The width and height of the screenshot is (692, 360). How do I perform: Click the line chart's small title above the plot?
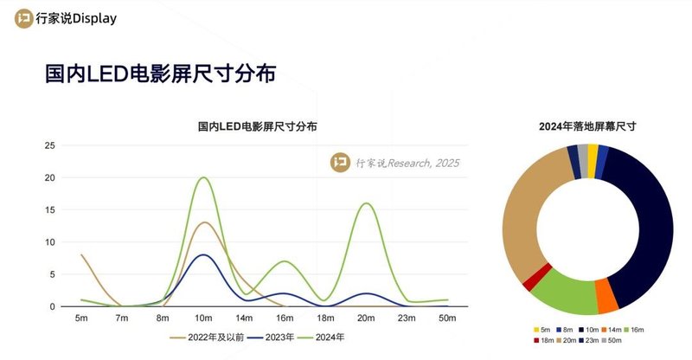[257, 126]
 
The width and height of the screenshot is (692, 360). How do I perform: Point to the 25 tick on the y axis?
[49, 145]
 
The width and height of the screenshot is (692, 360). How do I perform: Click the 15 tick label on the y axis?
[49, 210]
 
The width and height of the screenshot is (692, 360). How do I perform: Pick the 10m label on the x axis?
[204, 320]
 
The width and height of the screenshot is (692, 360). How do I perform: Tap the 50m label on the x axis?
[448, 320]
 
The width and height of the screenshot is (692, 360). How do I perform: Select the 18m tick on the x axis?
[326, 320]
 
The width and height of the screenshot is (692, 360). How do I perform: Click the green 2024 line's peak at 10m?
[204, 177]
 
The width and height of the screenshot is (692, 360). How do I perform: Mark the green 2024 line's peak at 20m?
[367, 203]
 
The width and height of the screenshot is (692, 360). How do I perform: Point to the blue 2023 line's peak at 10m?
[203, 254]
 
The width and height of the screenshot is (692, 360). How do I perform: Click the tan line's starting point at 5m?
[81, 255]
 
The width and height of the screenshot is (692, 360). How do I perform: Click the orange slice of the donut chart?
[607, 299]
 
